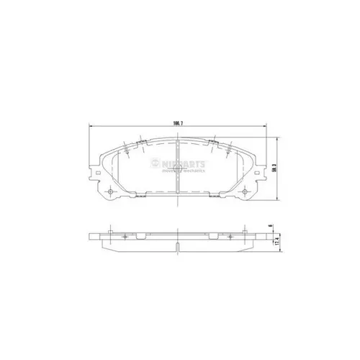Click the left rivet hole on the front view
pyautogui.click(x=109, y=191)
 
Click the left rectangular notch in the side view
pyautogui.click(x=144, y=235)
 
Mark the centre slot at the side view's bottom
pyautogui.click(x=177, y=247)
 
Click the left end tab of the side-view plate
pyautogui.click(x=91, y=237)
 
